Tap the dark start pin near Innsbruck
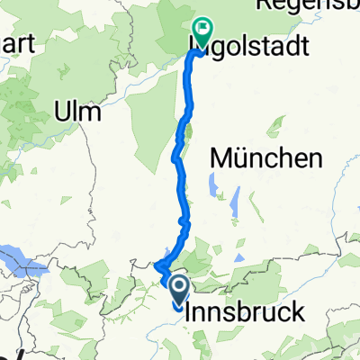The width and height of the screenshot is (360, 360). point(178,289)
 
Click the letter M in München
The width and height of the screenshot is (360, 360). point(221,159)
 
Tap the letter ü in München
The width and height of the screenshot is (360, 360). point(241,159)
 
